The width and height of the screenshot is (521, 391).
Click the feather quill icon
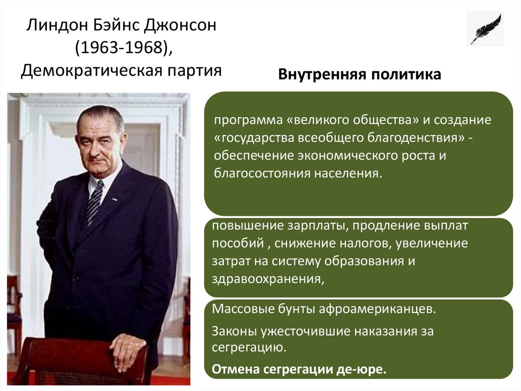[485, 29]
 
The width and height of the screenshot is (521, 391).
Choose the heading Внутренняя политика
[359, 75]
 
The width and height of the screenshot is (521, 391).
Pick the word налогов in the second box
[366, 243]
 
